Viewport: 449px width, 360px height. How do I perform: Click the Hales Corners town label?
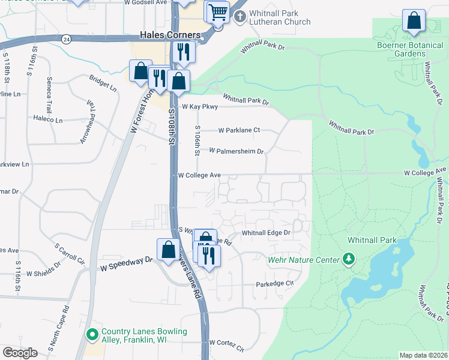pos(170,35)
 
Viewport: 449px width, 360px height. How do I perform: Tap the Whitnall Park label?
pos(372,240)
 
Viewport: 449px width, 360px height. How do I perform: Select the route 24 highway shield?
pos(66,39)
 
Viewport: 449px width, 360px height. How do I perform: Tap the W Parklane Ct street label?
pos(239,130)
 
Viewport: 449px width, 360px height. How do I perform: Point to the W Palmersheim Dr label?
pos(237,151)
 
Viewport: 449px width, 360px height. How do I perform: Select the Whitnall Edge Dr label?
pos(266,232)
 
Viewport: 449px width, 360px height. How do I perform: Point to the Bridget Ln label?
pos(103,83)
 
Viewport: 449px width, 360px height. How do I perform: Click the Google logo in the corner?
pos(20,353)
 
